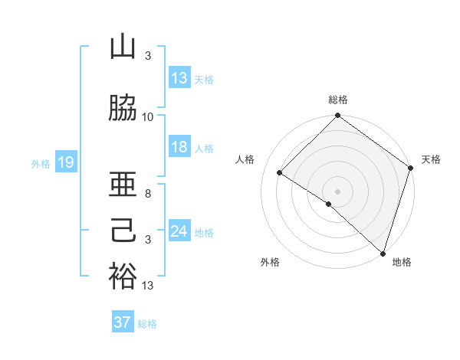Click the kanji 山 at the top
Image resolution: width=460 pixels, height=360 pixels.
[123, 47]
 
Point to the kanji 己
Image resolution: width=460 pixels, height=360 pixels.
[123, 231]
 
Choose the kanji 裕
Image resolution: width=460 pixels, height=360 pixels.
[123, 277]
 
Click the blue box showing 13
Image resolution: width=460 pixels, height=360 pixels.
[179, 77]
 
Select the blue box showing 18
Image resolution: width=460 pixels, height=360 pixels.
[179, 147]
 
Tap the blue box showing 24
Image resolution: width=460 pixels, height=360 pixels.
[179, 231]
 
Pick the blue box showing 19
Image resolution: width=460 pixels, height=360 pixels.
[65, 162]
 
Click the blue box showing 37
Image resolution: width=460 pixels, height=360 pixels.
[122, 322]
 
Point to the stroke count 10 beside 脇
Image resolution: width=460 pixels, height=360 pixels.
[148, 116]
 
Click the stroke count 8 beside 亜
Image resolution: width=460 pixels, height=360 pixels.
[148, 194]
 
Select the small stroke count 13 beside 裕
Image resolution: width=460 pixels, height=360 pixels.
[148, 286]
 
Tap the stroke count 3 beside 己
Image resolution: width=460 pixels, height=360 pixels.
[148, 240]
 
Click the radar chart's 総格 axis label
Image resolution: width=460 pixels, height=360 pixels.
[337, 100]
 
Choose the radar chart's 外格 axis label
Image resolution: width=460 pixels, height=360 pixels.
[270, 262]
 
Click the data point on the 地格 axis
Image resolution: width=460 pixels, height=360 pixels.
[383, 253]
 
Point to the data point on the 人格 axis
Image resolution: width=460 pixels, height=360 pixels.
[280, 173]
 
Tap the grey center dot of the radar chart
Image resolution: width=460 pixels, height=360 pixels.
[337, 191]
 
